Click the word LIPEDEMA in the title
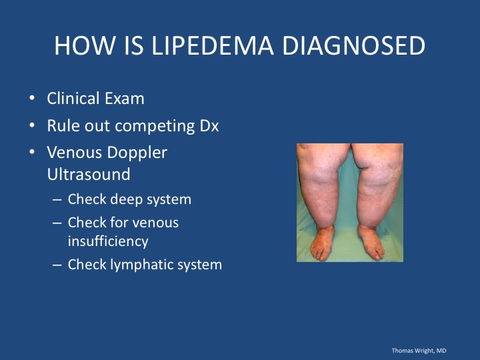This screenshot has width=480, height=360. tap(213, 45)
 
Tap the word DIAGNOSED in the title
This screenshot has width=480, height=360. tap(353, 45)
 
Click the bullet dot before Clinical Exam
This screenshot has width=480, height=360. tap(32, 98)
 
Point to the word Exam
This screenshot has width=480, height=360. tap(124, 99)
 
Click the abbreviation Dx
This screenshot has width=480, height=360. tap(209, 126)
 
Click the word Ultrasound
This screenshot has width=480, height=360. tap(89, 174)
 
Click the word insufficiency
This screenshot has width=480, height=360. tap(108, 241)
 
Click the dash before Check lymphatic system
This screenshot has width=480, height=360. tap(57, 265)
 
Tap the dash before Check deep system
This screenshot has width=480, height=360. tap(57, 200)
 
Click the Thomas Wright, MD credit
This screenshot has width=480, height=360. tap(419, 351)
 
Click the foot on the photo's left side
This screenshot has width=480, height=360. tap(321, 244)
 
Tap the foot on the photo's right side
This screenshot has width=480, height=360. tap(371, 243)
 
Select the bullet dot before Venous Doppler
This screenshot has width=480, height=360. tap(32, 152)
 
